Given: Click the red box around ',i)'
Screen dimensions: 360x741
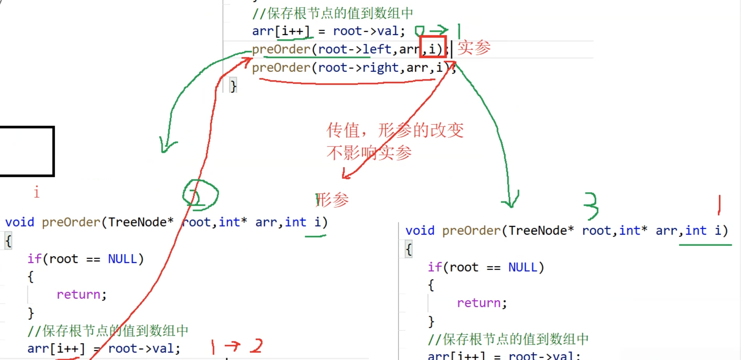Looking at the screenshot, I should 433,47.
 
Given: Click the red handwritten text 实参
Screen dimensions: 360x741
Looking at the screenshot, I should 474,48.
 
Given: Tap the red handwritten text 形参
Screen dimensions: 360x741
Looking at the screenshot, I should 333,200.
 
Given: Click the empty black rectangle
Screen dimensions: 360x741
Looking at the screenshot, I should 26,151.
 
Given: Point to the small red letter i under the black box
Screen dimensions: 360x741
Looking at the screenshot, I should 37,192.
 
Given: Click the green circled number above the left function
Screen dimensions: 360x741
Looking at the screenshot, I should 200,195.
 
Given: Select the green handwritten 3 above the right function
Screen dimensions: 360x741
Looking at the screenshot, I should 591,205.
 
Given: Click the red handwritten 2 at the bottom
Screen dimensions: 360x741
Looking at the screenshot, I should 257,346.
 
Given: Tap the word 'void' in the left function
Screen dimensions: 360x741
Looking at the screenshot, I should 20,222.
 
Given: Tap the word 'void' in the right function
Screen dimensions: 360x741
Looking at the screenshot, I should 420,231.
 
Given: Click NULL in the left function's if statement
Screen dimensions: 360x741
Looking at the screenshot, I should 122,259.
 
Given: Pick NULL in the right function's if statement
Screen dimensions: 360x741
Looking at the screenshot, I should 523,267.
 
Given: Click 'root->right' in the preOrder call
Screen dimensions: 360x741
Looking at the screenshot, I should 358,68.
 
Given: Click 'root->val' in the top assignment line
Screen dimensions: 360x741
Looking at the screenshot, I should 366,31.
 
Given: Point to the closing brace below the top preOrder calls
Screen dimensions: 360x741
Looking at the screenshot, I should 234,86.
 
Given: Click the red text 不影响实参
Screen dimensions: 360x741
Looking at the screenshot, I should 369,152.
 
